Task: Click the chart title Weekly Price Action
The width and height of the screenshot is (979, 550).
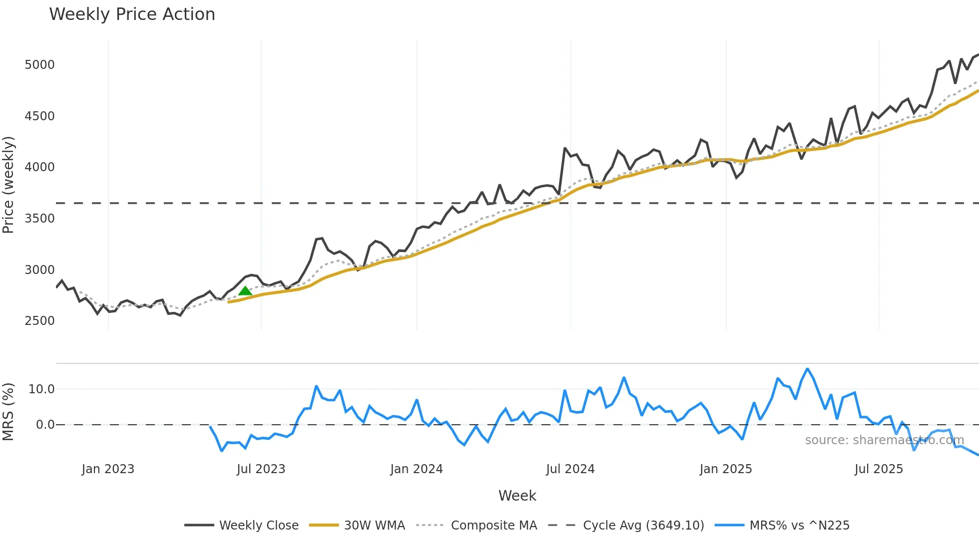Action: coord(132,14)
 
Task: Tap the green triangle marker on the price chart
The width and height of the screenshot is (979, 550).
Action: coord(245,291)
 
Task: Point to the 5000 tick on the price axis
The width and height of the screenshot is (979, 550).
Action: coord(39,65)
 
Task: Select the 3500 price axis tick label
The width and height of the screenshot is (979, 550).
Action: coord(39,219)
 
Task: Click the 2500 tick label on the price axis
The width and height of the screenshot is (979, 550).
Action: coord(39,321)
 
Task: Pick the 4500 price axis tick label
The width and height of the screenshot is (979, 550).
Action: coord(39,116)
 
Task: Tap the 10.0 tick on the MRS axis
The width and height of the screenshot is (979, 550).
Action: coord(41,389)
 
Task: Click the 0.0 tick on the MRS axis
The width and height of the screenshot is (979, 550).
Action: coord(45,425)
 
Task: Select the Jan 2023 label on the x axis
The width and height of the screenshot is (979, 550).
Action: coord(108,469)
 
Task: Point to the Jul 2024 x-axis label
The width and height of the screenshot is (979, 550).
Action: coord(570,469)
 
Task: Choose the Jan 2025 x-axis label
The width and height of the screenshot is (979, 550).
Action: coord(725,469)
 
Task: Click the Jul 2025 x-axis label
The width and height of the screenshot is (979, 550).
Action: coord(879,469)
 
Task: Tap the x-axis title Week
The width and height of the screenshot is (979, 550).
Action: coord(517,496)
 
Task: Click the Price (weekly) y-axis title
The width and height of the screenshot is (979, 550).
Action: coord(8,185)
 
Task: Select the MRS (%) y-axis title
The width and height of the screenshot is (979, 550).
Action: coord(8,412)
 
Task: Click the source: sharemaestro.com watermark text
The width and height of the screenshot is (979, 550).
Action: coord(884,440)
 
